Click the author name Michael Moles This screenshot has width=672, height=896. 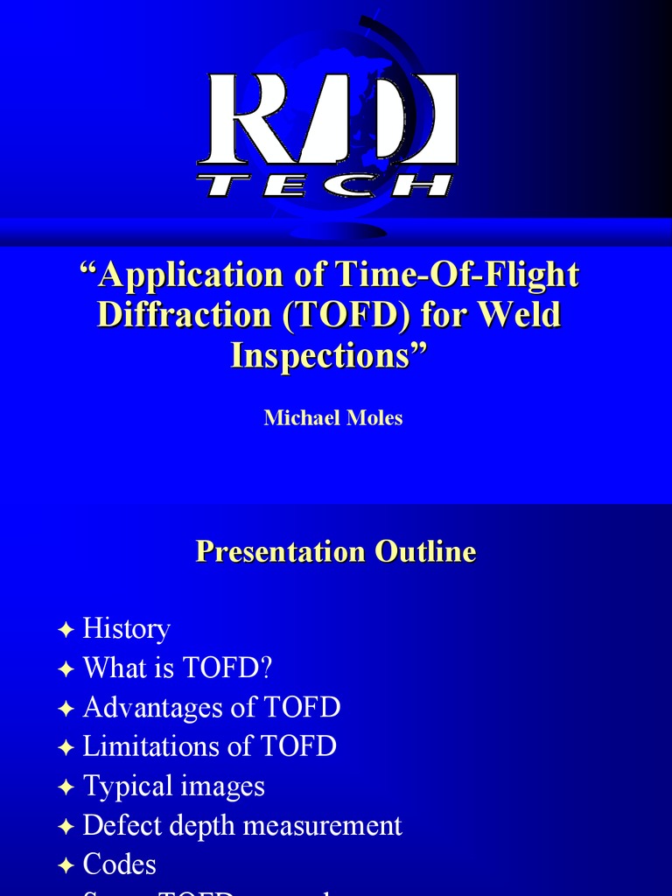click(x=333, y=417)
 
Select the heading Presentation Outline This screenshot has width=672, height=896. click(x=336, y=551)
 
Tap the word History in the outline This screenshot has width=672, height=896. click(x=126, y=628)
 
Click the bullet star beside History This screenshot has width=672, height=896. click(x=66, y=630)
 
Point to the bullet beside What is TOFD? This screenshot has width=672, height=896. click(x=66, y=669)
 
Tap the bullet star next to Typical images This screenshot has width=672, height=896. click(x=66, y=787)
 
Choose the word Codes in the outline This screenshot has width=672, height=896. click(x=120, y=864)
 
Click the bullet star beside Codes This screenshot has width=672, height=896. click(x=66, y=866)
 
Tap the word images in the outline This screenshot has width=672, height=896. click(x=221, y=786)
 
